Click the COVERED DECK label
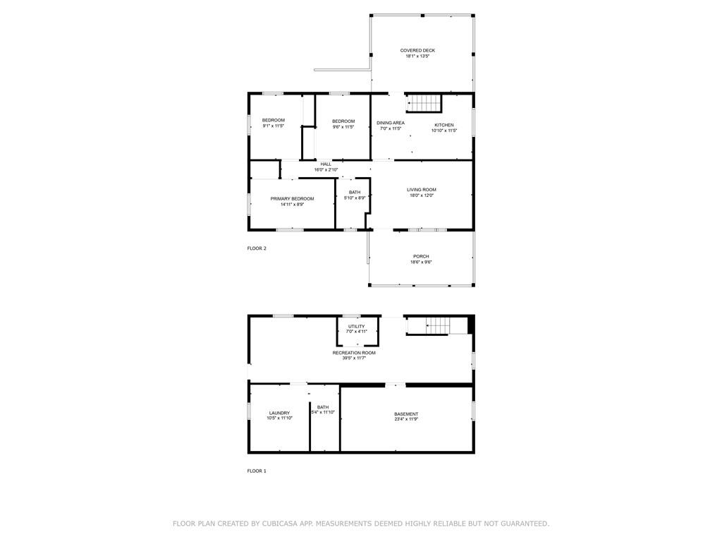[x=417, y=51]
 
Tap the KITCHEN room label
[x=444, y=125]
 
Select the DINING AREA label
[x=391, y=123]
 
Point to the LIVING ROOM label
[x=422, y=190]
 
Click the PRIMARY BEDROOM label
[x=292, y=199]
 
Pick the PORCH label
[x=421, y=257]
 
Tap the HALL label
[x=326, y=164]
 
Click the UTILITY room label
[x=356, y=326]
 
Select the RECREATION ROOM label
[x=354, y=353]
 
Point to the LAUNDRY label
[x=279, y=413]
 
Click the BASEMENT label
[x=406, y=414]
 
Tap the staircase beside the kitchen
[x=424, y=103]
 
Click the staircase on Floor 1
[x=436, y=325]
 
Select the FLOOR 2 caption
[x=257, y=248]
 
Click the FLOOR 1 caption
[x=257, y=471]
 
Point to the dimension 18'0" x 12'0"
[x=422, y=195]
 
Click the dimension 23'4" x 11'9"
[x=406, y=419]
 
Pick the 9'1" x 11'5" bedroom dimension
[x=274, y=126]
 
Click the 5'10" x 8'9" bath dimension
[x=355, y=198]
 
